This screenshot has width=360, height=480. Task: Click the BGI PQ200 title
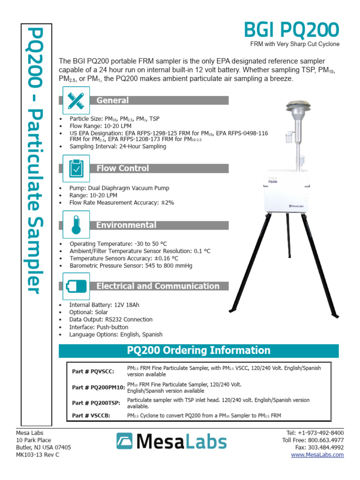coord(291,30)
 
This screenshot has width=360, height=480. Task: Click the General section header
coord(112,100)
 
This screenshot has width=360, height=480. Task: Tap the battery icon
coord(75,286)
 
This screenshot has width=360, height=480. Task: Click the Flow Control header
coord(122,168)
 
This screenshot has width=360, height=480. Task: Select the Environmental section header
coord(126,225)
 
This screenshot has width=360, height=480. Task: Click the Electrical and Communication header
coord(157,286)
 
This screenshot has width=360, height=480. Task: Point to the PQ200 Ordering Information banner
coord(198,351)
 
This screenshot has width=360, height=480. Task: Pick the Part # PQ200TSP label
coord(96,403)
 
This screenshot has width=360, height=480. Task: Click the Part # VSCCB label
coord(91,415)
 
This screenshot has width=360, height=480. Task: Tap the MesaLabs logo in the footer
coord(171,441)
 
